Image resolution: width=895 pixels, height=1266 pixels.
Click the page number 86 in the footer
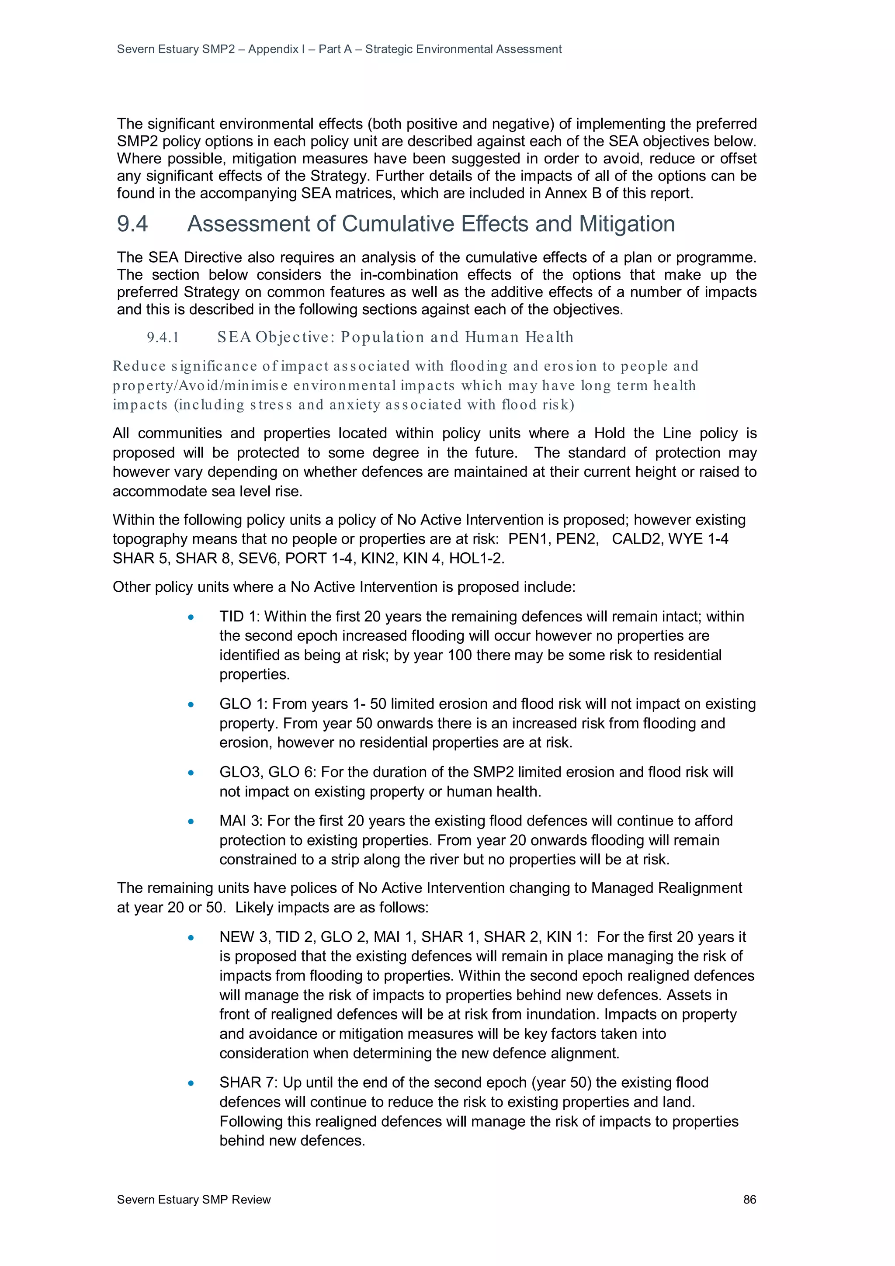tap(749, 1199)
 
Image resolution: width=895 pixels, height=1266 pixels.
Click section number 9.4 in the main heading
tap(132, 224)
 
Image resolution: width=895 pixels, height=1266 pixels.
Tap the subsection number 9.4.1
tap(163, 337)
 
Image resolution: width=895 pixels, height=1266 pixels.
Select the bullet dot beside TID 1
tap(191, 617)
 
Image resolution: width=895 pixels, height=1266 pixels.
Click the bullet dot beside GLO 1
tap(191, 705)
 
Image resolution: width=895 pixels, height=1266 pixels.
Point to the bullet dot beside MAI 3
tap(191, 822)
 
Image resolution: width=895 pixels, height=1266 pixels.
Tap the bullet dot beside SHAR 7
tap(191, 1083)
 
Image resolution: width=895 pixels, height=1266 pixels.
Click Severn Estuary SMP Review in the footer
tap(194, 1199)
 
